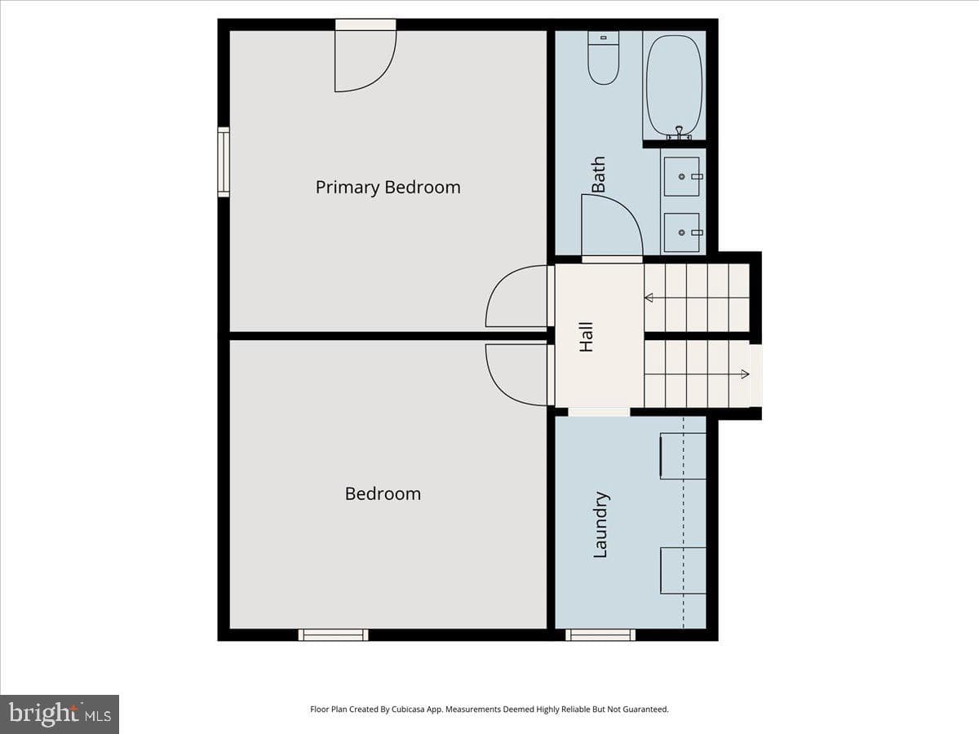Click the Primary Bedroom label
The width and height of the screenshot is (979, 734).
tap(388, 188)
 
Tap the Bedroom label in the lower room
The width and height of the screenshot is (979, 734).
tap(383, 493)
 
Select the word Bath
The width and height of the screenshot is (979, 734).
tap(598, 175)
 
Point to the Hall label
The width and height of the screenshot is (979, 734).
tap(586, 337)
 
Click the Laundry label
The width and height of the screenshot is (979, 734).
tap(600, 524)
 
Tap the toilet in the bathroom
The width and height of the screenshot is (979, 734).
tap(603, 57)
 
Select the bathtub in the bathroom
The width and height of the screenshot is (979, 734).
tap(674, 87)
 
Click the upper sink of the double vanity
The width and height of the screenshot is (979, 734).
tap(681, 176)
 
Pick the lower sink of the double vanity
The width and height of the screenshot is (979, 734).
tap(681, 232)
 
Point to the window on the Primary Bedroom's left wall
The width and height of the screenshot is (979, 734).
tap(224, 162)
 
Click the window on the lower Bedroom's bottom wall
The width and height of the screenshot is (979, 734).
tap(333, 635)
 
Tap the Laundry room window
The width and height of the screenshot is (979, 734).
tap(600, 635)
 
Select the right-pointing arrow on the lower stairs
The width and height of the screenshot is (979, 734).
tap(697, 374)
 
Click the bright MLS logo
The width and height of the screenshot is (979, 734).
tap(60, 714)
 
